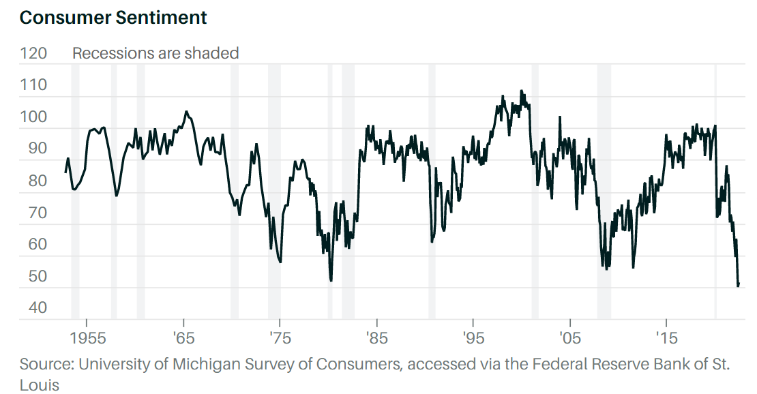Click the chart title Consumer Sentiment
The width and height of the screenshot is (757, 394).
(x=113, y=18)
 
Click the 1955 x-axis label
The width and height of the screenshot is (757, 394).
(x=87, y=339)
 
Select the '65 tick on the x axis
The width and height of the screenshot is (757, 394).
(x=183, y=339)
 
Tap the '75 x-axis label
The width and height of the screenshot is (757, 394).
(x=280, y=339)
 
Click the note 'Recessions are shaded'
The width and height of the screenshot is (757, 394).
(x=155, y=53)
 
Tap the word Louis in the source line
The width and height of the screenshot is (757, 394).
(x=40, y=385)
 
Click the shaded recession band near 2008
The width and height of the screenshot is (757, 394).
(x=604, y=191)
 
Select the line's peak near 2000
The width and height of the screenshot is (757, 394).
(x=521, y=91)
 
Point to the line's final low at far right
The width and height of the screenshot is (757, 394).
(x=738, y=286)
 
